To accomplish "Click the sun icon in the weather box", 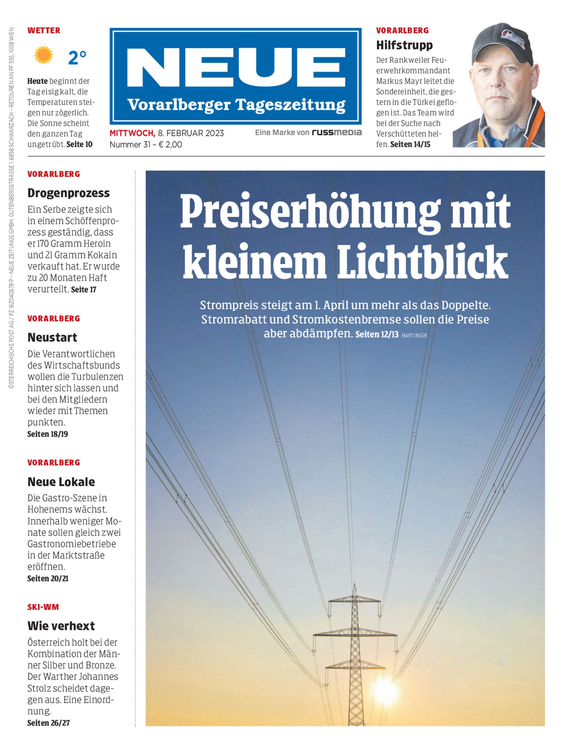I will (x=44, y=55).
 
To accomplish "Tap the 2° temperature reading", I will (x=77, y=58).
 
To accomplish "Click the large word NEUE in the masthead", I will (x=236, y=67).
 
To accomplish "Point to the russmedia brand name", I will (x=337, y=132).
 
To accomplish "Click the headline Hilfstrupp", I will (x=404, y=45).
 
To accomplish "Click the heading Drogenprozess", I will (x=68, y=193).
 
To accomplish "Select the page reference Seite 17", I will (x=84, y=290).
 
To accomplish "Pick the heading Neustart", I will (x=52, y=337).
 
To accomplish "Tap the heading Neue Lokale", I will (x=61, y=482).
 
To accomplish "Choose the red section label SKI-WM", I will (x=43, y=607).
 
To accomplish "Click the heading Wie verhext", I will (x=61, y=626).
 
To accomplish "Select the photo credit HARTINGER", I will (x=414, y=336).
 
